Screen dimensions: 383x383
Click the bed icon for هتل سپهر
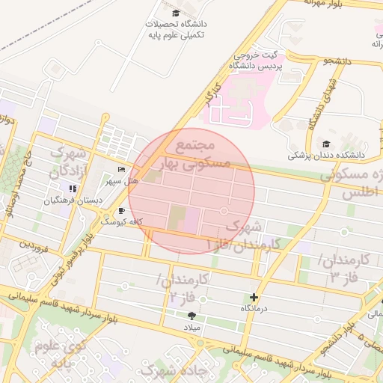click(x=122, y=170)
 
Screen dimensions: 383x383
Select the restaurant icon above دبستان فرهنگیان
click(x=73, y=189)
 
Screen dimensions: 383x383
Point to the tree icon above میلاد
click(x=192, y=316)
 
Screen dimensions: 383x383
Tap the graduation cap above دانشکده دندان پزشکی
click(x=326, y=144)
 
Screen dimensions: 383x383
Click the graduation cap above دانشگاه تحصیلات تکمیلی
click(x=176, y=13)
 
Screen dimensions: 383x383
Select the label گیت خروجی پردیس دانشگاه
click(x=254, y=61)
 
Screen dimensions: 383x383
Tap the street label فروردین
click(x=34, y=245)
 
